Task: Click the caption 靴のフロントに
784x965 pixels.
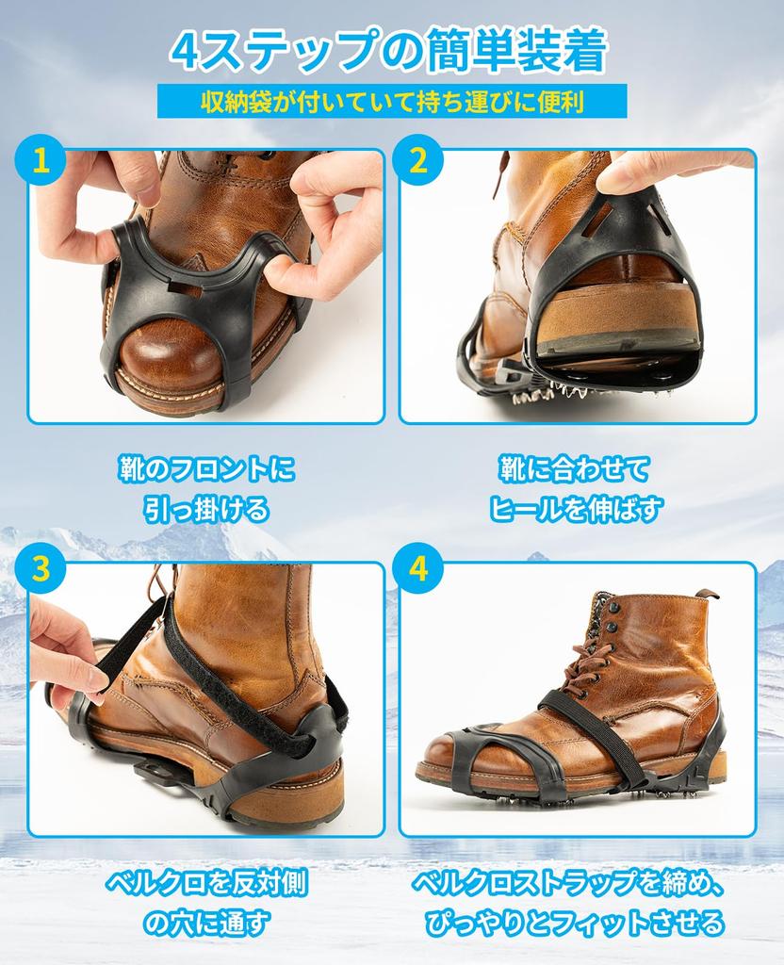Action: (207, 469)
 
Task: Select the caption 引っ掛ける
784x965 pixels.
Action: (207, 510)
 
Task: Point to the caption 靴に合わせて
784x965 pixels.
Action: (576, 469)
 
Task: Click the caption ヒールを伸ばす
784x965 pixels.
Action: (576, 510)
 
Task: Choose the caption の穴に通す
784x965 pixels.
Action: (207, 923)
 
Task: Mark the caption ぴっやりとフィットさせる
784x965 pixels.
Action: (575, 923)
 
